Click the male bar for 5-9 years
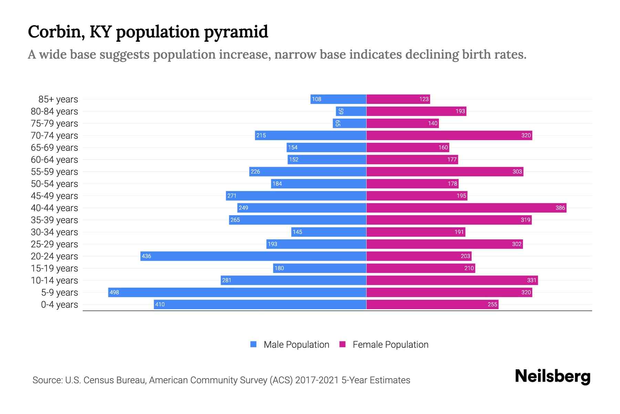pyautogui.click(x=237, y=292)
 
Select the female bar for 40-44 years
pyautogui.click(x=466, y=208)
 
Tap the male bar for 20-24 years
pyautogui.click(x=253, y=256)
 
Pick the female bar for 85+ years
pyautogui.click(x=398, y=99)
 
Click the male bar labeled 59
pyautogui.click(x=351, y=111)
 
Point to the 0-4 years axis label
pyautogui.click(x=59, y=305)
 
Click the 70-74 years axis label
pyautogui.click(x=54, y=136)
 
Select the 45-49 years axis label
pyautogui.click(x=54, y=196)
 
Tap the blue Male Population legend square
pyautogui.click(x=254, y=344)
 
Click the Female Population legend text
pyautogui.click(x=390, y=345)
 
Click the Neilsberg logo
pyautogui.click(x=552, y=376)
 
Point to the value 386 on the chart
pyautogui.click(x=560, y=208)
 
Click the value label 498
pyautogui.click(x=114, y=292)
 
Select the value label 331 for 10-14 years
pyautogui.click(x=531, y=280)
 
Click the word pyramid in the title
pyautogui.click(x=236, y=32)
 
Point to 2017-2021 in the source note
pyautogui.click(x=317, y=380)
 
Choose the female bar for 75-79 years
pyautogui.click(x=402, y=123)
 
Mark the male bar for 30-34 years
pyautogui.click(x=329, y=232)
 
